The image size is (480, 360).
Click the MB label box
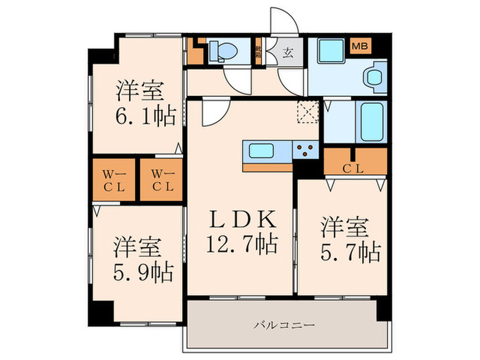(x=359, y=47)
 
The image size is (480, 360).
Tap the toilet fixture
(x=221, y=50)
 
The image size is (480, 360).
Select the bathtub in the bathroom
(x=371, y=121)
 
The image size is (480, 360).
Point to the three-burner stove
(x=304, y=150)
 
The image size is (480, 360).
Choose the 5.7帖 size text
(x=351, y=253)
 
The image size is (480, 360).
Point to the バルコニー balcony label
(x=283, y=324)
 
